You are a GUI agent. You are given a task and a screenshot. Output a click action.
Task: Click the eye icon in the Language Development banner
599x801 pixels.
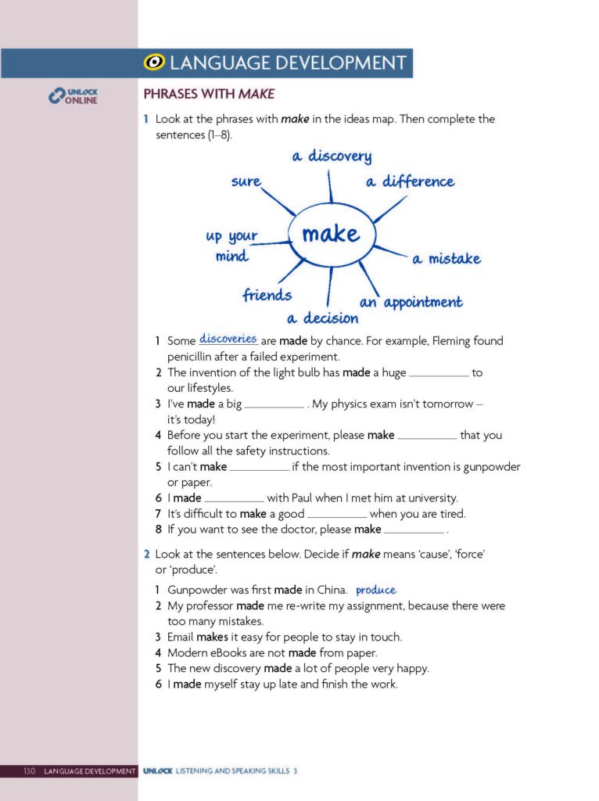(156, 63)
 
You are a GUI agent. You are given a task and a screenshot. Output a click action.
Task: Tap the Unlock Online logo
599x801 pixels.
(74, 96)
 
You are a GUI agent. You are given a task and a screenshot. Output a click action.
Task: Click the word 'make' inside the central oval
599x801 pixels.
(331, 233)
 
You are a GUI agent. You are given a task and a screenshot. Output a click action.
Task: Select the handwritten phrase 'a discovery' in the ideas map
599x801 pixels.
(332, 156)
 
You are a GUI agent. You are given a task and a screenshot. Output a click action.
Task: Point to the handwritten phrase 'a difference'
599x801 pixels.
(410, 181)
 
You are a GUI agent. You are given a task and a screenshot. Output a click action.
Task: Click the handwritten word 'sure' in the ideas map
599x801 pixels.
(246, 181)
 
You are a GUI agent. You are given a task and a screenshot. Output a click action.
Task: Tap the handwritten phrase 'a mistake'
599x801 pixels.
(447, 259)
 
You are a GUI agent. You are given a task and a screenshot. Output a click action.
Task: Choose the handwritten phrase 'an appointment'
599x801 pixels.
(411, 302)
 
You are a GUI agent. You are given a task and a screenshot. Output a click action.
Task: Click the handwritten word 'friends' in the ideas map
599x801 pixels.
(267, 295)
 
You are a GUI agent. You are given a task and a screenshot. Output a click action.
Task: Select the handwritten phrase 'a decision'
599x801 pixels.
(322, 318)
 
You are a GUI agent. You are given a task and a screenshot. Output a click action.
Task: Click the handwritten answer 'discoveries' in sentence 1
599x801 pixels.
(228, 339)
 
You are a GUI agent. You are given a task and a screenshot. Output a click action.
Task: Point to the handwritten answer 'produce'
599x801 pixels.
(376, 590)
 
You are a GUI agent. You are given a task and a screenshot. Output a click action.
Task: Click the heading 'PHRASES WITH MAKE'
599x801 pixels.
(210, 95)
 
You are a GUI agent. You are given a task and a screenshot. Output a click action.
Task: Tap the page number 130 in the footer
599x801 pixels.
(30, 771)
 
